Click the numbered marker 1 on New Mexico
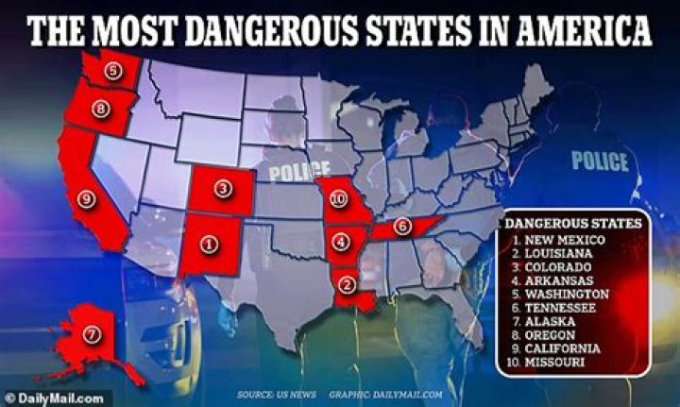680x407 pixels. pyautogui.click(x=209, y=244)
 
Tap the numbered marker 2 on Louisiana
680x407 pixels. pyautogui.click(x=348, y=280)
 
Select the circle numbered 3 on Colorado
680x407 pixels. pyautogui.click(x=223, y=189)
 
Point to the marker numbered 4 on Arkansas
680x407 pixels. pyautogui.click(x=341, y=243)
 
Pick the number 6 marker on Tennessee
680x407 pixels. pyautogui.click(x=401, y=226)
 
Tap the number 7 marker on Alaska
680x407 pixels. pyautogui.click(x=91, y=333)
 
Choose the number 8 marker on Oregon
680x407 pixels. pyautogui.click(x=100, y=110)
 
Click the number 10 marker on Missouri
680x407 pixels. pyautogui.click(x=339, y=200)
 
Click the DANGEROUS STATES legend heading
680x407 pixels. pyautogui.click(x=573, y=224)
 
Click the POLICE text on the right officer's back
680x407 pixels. pyautogui.click(x=599, y=161)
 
